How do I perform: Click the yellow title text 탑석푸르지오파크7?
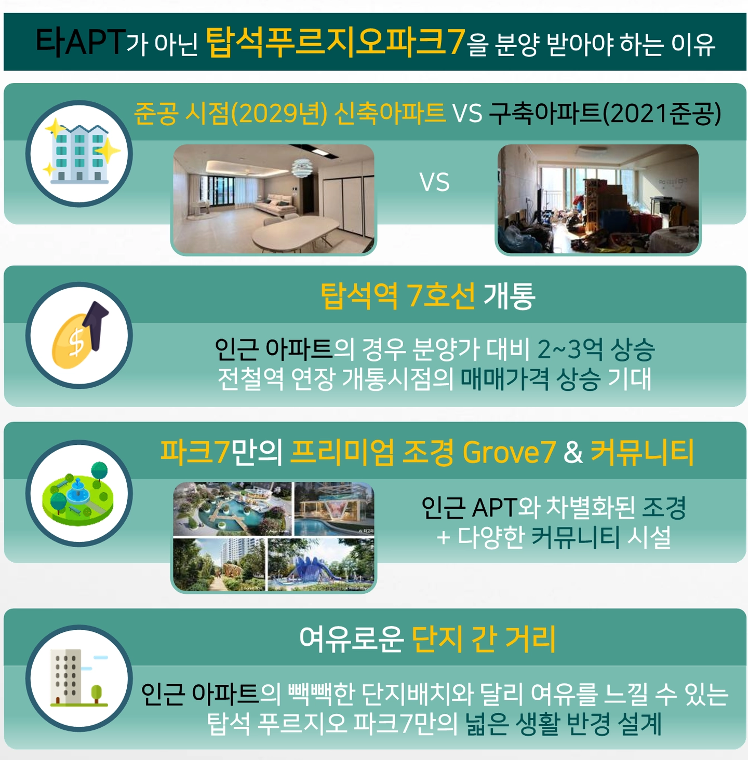pos(335,42)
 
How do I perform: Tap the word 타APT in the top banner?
pos(81,42)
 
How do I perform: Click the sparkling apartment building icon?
pos(79,154)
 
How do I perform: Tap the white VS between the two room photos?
pos(434,183)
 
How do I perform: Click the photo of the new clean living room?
pos(273,199)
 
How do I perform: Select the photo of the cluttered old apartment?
pos(598,199)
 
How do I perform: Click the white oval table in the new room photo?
pos(295,234)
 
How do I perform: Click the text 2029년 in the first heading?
pos(279,113)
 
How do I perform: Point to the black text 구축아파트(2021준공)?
pos(605,113)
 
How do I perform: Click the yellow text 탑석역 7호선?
pos(397,296)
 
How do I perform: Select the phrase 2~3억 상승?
pos(596,349)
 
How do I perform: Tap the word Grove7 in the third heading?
pos(509,452)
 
